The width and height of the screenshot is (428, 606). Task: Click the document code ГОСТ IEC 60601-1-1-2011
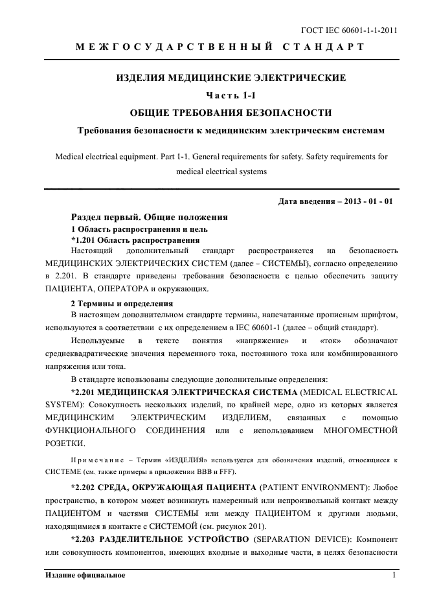(x=350, y=30)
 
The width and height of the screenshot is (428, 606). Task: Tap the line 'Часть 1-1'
(x=231, y=96)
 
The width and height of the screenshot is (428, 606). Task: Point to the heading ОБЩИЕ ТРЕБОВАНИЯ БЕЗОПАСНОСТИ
(x=231, y=113)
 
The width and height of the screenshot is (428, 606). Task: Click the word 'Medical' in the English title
(x=72, y=157)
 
